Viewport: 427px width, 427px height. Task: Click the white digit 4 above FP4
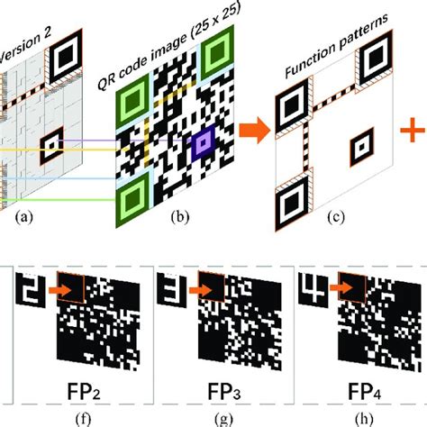pos(310,289)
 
